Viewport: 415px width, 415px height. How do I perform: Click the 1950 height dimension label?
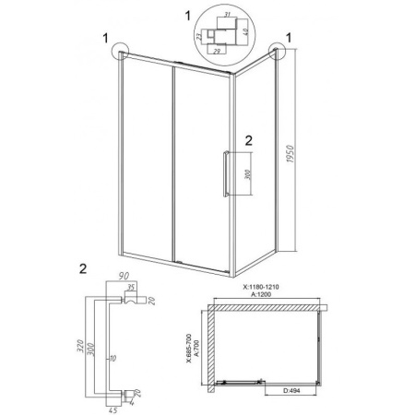coord(290,154)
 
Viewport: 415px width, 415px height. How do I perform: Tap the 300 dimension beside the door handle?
coord(249,174)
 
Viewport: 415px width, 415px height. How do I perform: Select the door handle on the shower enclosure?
coord(226,173)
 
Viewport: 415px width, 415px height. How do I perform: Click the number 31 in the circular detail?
coord(227,14)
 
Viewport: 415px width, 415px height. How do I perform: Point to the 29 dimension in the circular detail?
coord(217,52)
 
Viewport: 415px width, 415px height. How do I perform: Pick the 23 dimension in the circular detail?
coord(199,37)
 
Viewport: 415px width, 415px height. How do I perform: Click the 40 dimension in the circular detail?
coord(245,31)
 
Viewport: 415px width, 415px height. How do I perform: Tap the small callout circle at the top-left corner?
coord(121,51)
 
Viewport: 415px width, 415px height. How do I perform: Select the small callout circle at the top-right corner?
coord(277,51)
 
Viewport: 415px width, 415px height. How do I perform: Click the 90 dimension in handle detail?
coord(123,276)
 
